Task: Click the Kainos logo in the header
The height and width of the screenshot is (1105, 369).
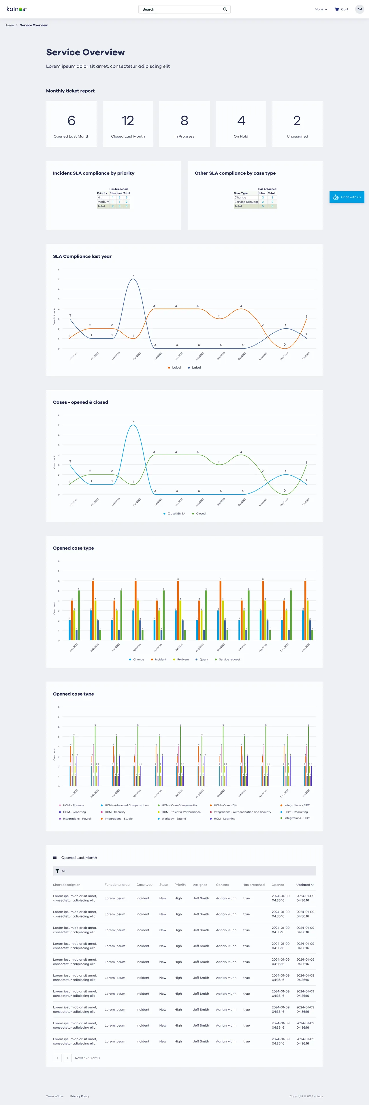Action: pos(16,9)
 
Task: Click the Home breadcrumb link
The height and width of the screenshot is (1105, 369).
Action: pos(9,25)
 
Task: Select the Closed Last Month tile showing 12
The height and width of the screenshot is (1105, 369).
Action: pos(128,124)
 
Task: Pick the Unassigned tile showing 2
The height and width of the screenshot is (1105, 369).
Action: pos(297,124)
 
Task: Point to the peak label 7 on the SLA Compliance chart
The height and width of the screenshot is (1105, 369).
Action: pos(133,276)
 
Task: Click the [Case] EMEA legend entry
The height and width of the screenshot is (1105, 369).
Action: pos(176,513)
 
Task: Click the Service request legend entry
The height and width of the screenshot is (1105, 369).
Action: pos(229,659)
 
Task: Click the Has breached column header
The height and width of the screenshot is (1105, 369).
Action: pos(253,885)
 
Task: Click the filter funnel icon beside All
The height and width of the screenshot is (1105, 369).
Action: pos(57,871)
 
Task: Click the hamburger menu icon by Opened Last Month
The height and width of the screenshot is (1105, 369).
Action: pos(55,858)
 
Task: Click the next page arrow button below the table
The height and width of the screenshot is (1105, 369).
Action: pos(67,1058)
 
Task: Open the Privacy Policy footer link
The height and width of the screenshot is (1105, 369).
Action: pos(80,1096)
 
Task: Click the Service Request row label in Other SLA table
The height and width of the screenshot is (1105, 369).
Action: pos(246,202)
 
